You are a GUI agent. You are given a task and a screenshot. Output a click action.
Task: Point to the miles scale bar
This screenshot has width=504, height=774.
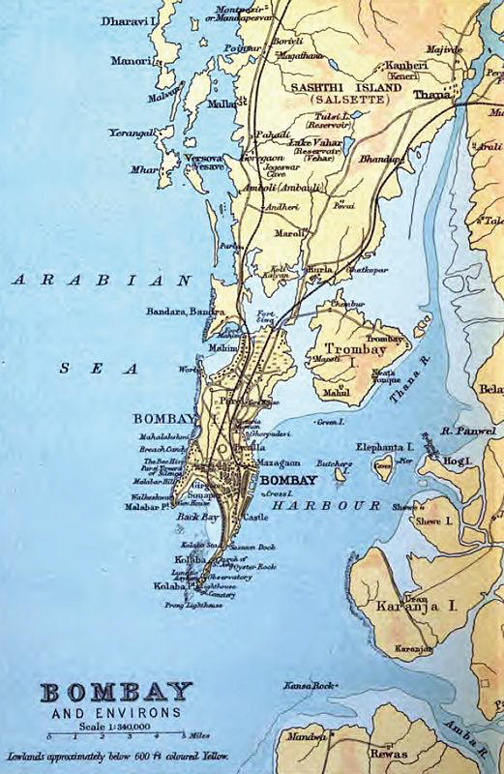coord(102,737)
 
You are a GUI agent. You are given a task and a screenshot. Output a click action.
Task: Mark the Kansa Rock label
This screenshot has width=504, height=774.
coord(308,686)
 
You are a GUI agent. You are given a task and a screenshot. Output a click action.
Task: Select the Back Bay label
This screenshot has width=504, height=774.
coord(189,520)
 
